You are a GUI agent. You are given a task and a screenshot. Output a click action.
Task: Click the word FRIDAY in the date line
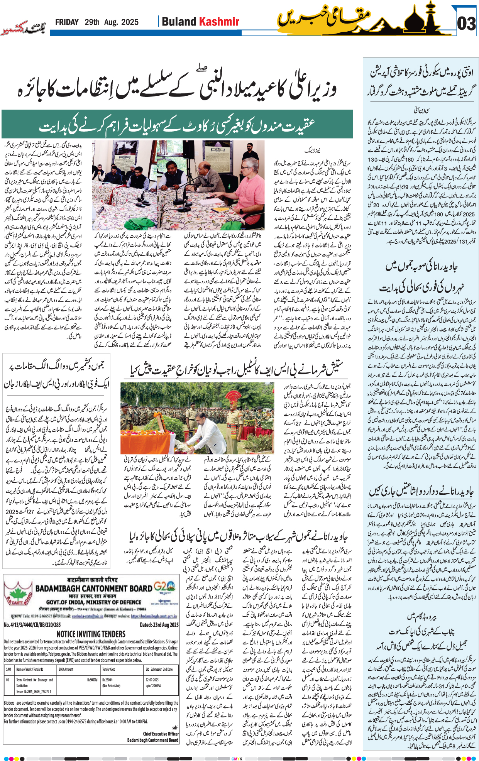coord(67,22)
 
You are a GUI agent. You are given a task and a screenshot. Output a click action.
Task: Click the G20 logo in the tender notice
coord(166,587)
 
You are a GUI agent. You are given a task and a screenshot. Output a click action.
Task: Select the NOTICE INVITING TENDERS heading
coord(91,634)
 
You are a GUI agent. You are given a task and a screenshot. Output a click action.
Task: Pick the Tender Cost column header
coord(108,669)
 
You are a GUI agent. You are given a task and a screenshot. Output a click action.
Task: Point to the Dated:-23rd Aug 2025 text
coord(159,625)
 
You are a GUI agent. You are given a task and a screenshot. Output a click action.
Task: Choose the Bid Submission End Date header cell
coord(159,669)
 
